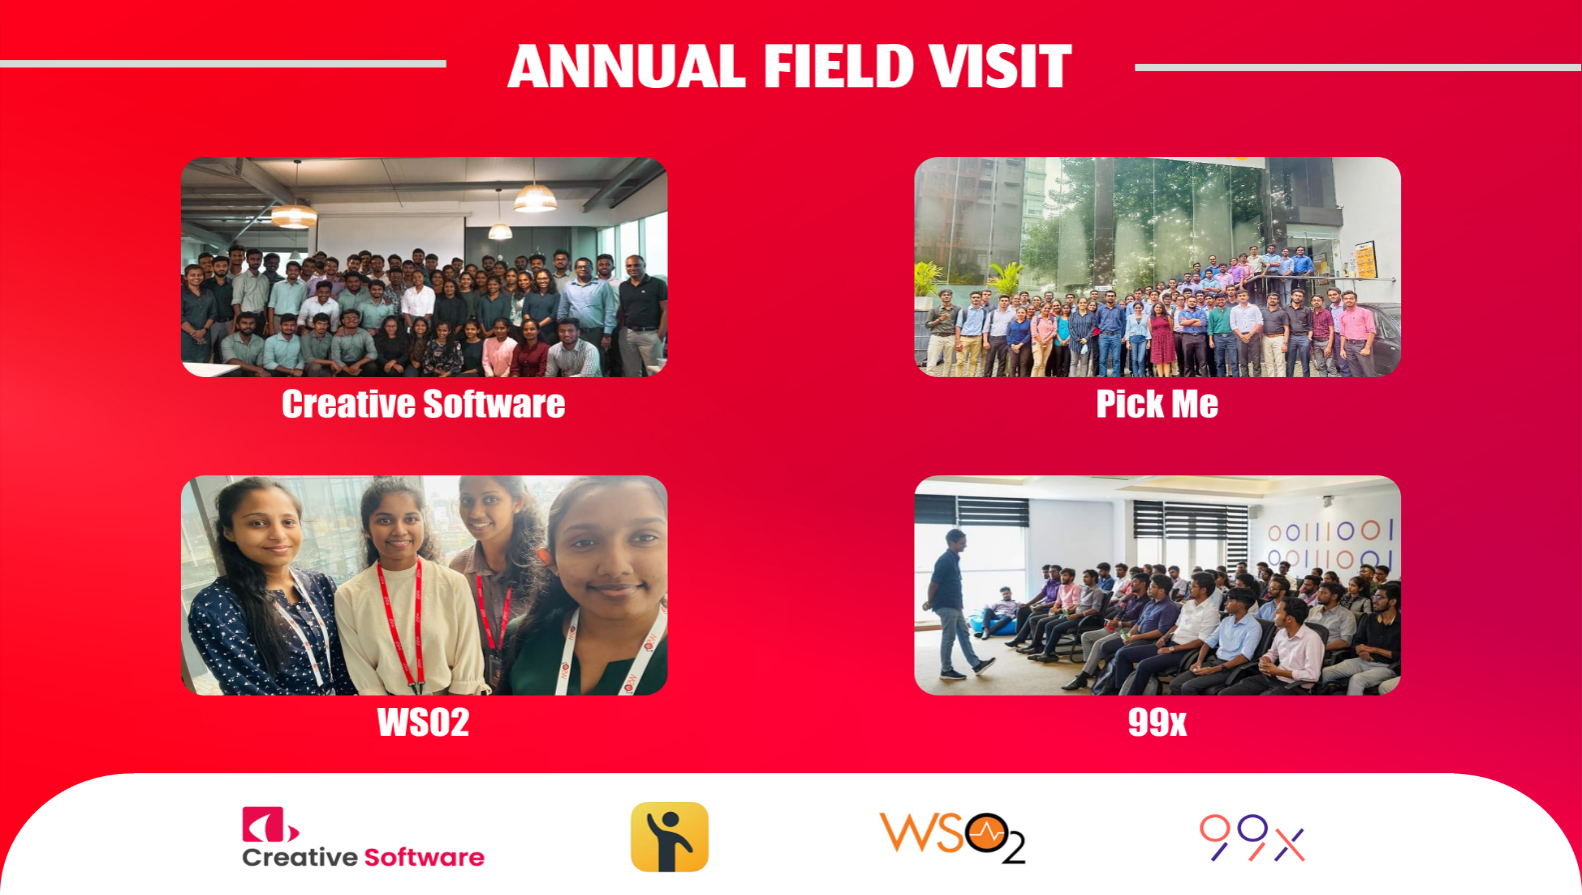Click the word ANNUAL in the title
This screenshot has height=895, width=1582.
pos(627,67)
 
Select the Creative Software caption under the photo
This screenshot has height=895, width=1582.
pos(423,404)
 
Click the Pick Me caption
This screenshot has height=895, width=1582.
pos(1157,404)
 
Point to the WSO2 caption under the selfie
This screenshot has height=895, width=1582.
pos(423,722)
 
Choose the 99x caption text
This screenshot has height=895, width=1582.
pos(1157,722)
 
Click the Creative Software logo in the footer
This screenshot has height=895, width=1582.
pos(363,838)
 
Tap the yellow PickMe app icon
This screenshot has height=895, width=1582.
pos(670,837)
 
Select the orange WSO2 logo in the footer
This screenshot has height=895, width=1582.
pos(951,837)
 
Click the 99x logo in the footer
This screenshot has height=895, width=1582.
pos(1252,838)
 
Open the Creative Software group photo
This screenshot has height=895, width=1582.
pos(424,267)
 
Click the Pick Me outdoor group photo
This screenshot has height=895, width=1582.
pos(1157,267)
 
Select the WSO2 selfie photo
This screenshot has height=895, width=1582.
pos(424,585)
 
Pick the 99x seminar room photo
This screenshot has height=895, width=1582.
pos(1157,585)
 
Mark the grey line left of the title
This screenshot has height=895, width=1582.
pos(223,64)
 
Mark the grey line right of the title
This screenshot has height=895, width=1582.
pos(1357,68)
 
